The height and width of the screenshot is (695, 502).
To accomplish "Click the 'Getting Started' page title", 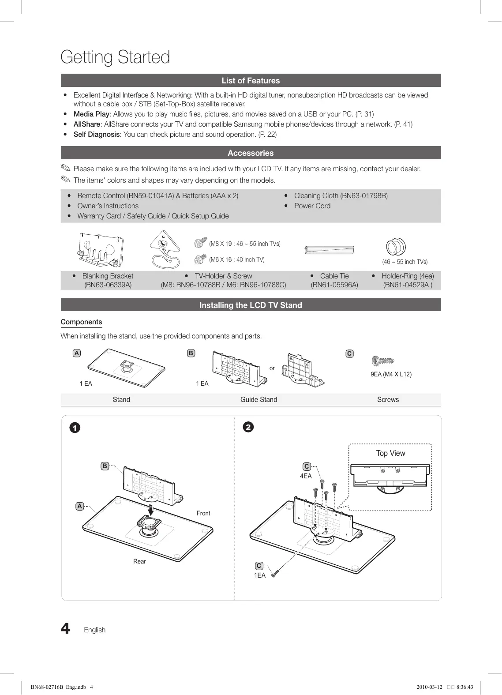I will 115,57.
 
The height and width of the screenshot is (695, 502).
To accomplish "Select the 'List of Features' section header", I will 251,80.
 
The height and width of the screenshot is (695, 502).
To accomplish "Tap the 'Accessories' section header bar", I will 251,153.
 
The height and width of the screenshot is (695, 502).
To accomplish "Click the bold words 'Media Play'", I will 91,114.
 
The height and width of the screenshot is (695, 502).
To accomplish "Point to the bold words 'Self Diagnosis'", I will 97,134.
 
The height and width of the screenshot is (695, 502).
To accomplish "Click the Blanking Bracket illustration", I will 101,249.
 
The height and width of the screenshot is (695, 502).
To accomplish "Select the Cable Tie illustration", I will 329,250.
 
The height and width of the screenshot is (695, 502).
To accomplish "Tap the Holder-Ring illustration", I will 396,247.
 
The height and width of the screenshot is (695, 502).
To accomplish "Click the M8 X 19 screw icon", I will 201,242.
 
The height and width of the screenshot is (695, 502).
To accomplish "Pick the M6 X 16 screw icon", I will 201,259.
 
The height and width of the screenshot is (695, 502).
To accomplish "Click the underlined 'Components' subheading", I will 81,322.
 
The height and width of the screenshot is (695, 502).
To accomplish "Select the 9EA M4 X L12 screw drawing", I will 382,361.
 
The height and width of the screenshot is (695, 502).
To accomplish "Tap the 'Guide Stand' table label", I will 258,399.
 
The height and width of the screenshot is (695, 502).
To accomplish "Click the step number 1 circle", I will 75,428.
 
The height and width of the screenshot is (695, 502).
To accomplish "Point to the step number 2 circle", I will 248,427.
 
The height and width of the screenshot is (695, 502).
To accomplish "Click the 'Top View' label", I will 390,453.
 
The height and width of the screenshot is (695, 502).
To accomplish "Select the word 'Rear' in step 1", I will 139,561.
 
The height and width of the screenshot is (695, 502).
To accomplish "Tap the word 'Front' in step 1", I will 203,513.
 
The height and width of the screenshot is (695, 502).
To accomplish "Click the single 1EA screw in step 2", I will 275,574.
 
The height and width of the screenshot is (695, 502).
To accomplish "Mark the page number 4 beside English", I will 65,628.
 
